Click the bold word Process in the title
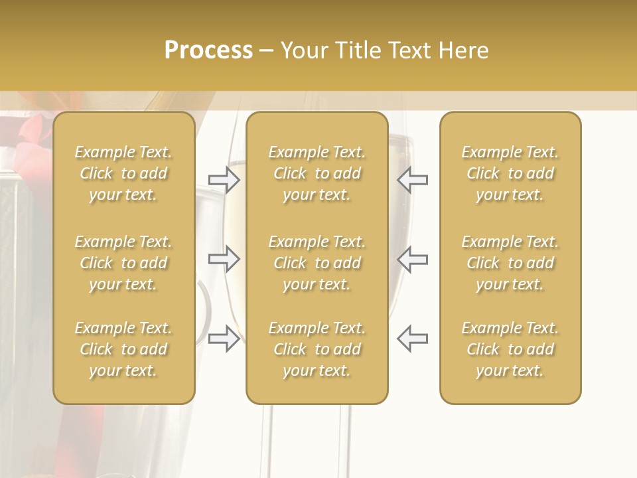coord(208,50)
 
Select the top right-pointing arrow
coord(224,180)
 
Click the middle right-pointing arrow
coord(224,259)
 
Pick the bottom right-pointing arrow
coord(224,339)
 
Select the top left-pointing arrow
coord(413,180)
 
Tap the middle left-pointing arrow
coord(413,259)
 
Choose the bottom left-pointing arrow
coord(413,339)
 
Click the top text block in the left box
coord(123,173)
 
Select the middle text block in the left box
coord(123,263)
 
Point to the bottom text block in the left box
coord(123,349)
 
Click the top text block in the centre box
coord(317,173)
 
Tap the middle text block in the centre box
coord(317,263)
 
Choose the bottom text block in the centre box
coord(317,349)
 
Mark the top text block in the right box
coord(510,173)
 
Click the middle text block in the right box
coord(510,263)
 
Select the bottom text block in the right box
coord(510,349)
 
